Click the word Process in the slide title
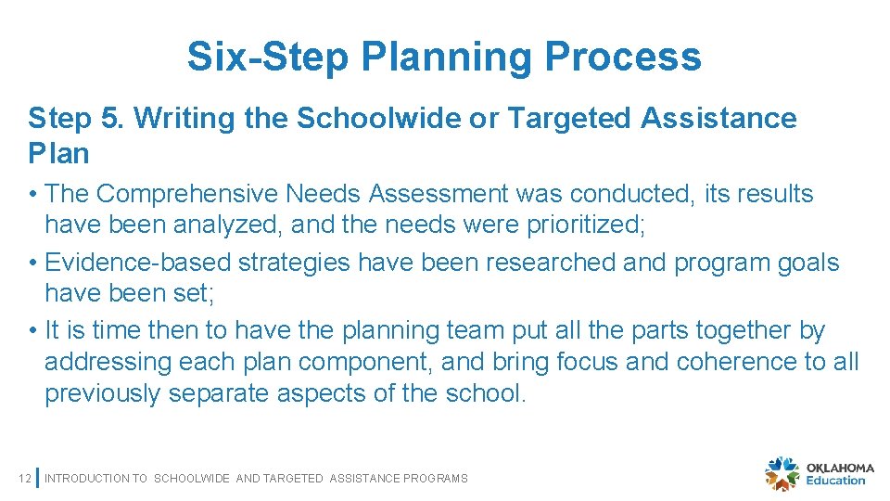click(623, 57)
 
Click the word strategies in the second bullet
click(294, 263)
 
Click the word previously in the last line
click(103, 393)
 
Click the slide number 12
click(25, 479)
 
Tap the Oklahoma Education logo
click(816, 473)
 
